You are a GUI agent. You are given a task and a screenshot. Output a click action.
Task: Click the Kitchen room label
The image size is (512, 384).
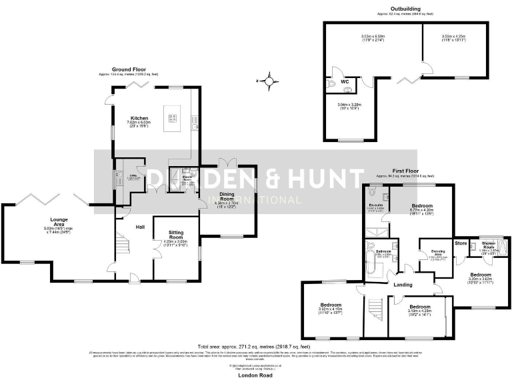click(x=139, y=118)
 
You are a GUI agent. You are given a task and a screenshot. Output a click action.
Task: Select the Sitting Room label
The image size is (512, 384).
click(x=175, y=235)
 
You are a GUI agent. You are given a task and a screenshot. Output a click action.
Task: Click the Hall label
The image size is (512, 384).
click(x=141, y=227)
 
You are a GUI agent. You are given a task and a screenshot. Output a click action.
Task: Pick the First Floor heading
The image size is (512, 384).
click(x=405, y=171)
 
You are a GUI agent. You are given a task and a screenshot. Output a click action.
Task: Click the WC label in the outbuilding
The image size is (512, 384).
click(x=345, y=82)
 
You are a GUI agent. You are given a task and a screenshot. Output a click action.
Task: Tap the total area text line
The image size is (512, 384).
click(x=255, y=347)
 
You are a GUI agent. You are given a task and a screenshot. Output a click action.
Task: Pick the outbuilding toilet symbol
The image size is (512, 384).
click(x=332, y=85)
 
